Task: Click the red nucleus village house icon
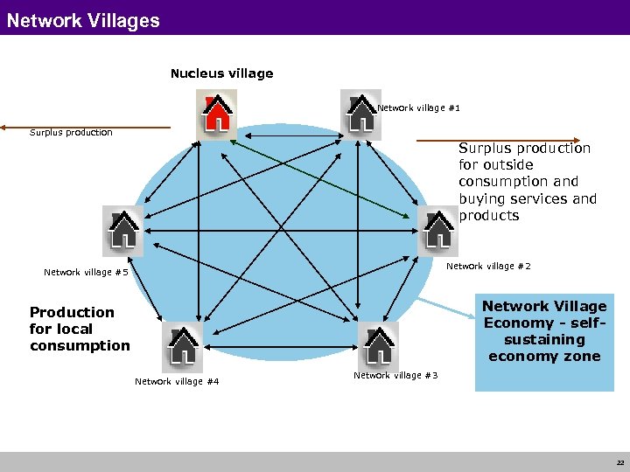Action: [x=216, y=114]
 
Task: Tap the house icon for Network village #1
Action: [x=360, y=114]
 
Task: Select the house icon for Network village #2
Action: [x=437, y=230]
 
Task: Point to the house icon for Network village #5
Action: [x=122, y=230]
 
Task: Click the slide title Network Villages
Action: [x=83, y=20]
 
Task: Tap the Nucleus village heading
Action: [x=221, y=73]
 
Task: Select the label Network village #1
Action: [x=418, y=108]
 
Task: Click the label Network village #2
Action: [x=488, y=267]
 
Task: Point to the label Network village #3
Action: [x=395, y=375]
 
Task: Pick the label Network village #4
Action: [x=177, y=381]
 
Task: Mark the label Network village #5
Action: [x=86, y=273]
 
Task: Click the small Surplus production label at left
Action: [x=71, y=133]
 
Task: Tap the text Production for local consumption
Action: [x=79, y=329]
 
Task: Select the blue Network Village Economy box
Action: [x=544, y=342]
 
